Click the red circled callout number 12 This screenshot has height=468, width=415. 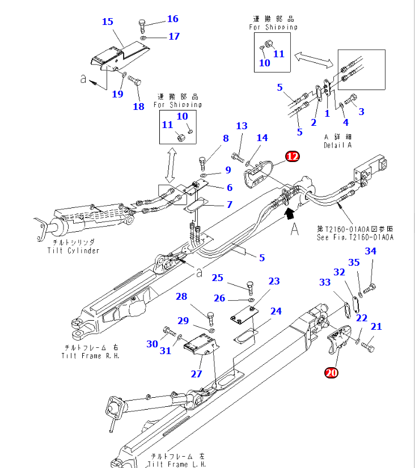point(293,156)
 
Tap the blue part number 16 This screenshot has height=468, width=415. point(172,19)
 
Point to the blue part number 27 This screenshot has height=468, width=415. point(196,374)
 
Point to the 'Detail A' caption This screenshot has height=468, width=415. point(338,145)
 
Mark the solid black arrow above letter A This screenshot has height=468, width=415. point(290,213)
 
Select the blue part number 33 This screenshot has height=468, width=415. point(325,282)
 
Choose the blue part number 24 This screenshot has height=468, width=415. point(276,311)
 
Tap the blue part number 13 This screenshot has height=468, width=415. point(242,125)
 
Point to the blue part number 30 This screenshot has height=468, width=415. point(152,343)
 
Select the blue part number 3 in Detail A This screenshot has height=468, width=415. point(361,112)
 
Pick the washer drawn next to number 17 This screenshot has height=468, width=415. point(144,37)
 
